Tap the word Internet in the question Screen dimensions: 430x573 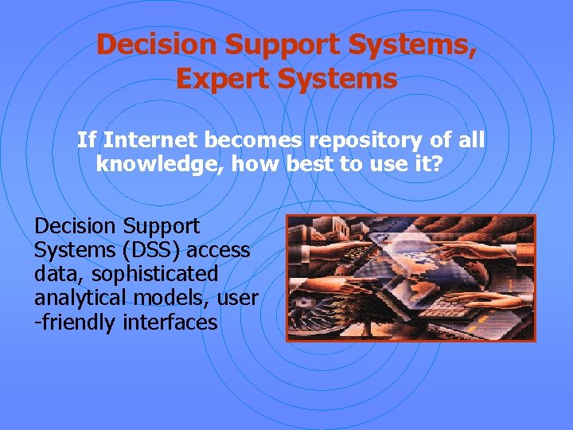(151, 141)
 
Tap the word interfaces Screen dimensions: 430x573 (170, 322)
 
